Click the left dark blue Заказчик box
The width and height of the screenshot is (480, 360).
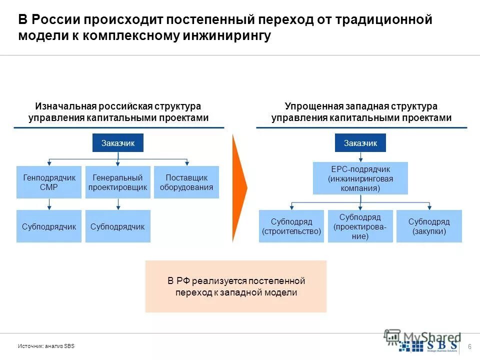pos(118,143)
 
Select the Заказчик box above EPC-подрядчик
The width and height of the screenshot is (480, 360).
pos(360,143)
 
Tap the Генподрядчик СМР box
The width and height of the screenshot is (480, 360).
pos(48,182)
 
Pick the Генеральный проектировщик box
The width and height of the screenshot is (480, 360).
pos(118,182)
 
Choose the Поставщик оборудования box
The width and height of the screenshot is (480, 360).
pos(186,182)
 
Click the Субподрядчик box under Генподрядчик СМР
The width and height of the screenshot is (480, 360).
pos(48,226)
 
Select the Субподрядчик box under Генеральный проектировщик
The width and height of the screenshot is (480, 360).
pos(118,226)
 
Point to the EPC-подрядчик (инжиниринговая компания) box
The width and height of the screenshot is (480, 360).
pos(360,178)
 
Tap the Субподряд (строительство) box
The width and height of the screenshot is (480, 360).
pos(291,226)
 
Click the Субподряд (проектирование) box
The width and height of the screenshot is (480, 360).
pos(360,226)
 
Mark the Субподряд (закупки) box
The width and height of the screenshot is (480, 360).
pos(429,226)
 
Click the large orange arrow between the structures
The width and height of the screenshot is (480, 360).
pos(240,187)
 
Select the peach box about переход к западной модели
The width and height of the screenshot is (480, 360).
pos(236,286)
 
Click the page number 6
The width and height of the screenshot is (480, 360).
pos(469,347)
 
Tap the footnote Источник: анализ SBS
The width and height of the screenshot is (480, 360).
pos(46,346)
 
